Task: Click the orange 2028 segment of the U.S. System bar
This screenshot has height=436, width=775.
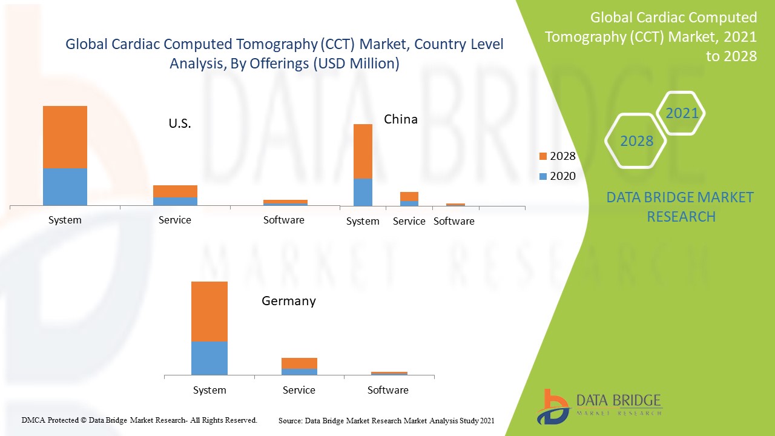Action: (65, 137)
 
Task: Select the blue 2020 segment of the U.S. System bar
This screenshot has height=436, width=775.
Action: (65, 187)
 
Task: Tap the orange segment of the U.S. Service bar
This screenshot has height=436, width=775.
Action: (175, 191)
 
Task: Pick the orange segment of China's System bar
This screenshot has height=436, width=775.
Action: (363, 151)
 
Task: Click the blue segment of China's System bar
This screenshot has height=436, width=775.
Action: (363, 192)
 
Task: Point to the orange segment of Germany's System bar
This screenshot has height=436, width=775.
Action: (209, 311)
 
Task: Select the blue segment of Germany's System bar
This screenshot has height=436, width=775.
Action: (209, 358)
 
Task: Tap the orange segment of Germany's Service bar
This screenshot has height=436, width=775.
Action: (299, 363)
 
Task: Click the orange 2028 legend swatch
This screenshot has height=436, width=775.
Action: (542, 157)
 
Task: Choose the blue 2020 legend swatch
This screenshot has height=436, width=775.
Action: (542, 176)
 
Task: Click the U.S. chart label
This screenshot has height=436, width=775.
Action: (180, 124)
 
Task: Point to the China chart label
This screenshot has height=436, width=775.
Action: (401, 119)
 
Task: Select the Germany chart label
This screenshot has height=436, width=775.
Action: (289, 301)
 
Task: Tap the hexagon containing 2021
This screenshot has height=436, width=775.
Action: (682, 113)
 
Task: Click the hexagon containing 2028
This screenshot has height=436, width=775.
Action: (636, 141)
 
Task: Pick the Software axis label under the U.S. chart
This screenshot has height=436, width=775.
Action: (284, 220)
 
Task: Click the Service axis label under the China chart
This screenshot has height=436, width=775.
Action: (409, 222)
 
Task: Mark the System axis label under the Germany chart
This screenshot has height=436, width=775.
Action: (209, 390)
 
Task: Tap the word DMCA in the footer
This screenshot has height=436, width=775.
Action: (33, 420)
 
